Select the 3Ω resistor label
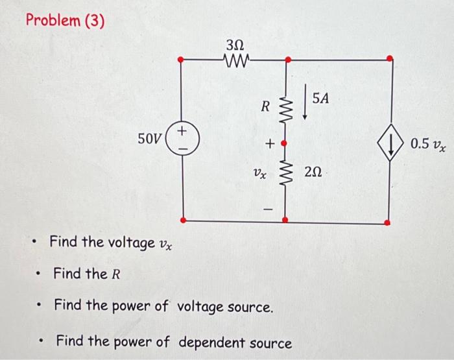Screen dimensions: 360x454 [235, 46]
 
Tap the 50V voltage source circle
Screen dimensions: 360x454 [182, 139]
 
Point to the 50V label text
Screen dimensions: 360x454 [150, 139]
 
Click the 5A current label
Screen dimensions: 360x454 [321, 99]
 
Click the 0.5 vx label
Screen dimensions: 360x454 [427, 144]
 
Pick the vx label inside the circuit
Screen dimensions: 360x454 [259, 173]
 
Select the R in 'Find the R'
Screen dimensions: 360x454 [116, 274]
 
